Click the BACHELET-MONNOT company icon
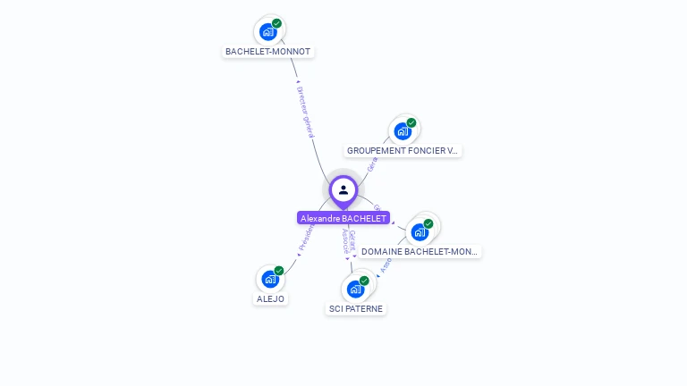tap(267, 32)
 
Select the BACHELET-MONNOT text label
tap(267, 52)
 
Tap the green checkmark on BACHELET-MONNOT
tap(277, 23)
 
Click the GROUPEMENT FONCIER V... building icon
tap(403, 131)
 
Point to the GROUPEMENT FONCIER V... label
tap(403, 151)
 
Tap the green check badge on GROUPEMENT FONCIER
tap(411, 122)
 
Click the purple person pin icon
tap(343, 190)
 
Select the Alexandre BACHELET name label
tap(343, 218)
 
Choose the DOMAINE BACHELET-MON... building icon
tap(420, 232)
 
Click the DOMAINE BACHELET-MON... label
tap(420, 252)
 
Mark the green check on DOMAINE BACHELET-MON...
tap(428, 223)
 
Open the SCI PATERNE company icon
tap(355, 289)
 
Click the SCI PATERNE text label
tap(355, 309)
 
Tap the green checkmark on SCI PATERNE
tap(364, 281)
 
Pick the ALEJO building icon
tap(269, 279)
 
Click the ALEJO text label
tap(269, 299)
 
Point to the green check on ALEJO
tap(279, 271)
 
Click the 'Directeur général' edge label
tap(305, 112)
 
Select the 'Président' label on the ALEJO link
tap(304, 238)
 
